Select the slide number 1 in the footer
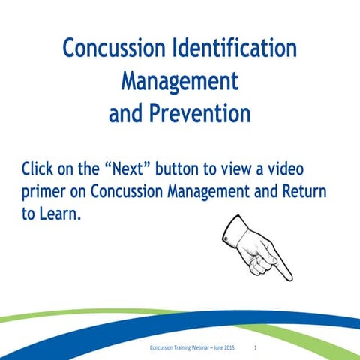pos(256,348)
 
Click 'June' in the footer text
pos(217,348)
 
